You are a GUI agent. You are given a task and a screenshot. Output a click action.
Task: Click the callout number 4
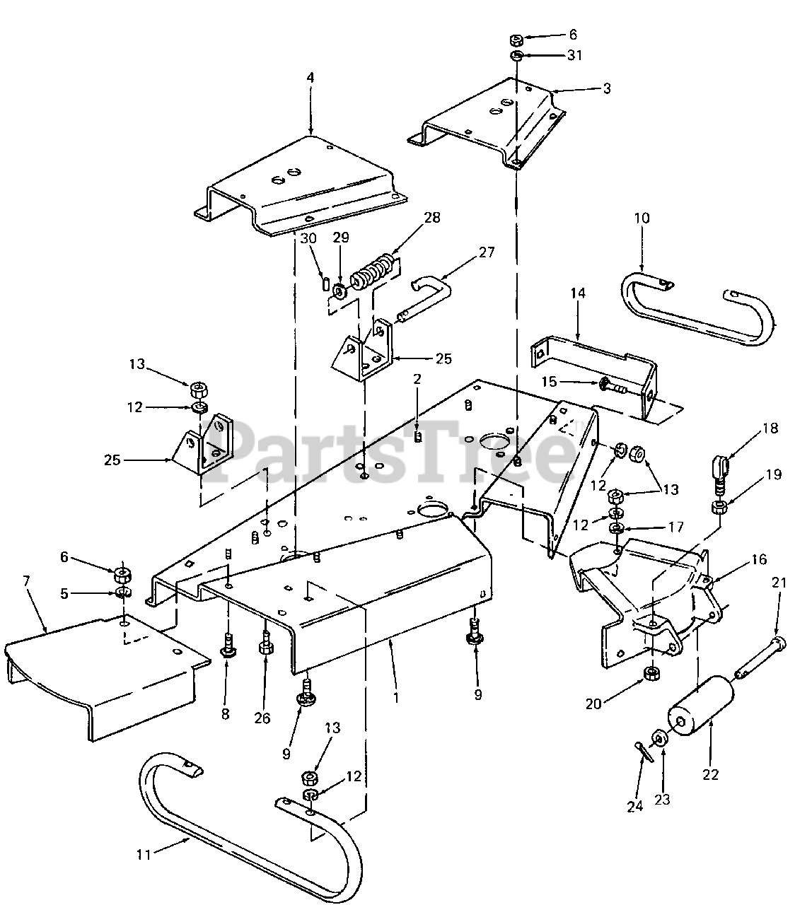(x=310, y=78)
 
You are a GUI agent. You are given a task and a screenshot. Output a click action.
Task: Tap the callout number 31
(x=574, y=55)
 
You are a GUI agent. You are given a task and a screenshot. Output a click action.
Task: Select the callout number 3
(x=606, y=88)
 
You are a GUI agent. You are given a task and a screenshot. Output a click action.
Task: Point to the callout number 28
(x=431, y=218)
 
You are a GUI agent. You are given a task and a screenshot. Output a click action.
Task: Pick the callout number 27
(x=487, y=252)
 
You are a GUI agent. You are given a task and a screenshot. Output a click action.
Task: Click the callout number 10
(x=642, y=218)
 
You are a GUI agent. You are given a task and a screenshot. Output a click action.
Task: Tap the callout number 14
(x=578, y=293)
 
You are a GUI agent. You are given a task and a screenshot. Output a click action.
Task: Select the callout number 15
(x=550, y=382)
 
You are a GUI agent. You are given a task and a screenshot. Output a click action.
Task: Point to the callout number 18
(x=770, y=428)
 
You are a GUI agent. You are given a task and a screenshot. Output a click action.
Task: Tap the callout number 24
(x=634, y=806)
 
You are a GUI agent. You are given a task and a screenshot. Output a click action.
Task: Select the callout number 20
(x=594, y=703)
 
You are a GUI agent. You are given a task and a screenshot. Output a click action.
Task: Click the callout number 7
(x=26, y=581)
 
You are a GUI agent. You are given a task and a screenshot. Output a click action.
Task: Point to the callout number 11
(x=144, y=855)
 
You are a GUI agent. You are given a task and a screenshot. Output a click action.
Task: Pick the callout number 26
(x=262, y=718)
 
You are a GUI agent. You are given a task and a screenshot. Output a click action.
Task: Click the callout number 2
(x=417, y=379)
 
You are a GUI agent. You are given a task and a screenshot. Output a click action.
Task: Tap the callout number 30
(x=308, y=238)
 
